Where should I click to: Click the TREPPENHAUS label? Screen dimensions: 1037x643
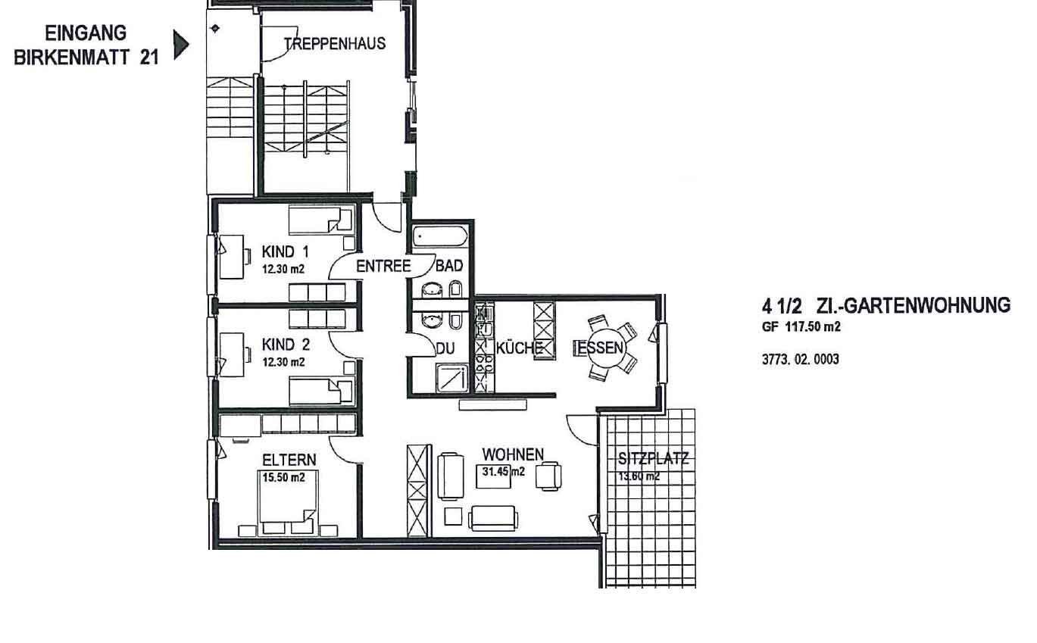[335, 44]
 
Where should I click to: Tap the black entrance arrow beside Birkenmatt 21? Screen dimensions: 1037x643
[181, 45]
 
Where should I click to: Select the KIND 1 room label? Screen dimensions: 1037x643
[285, 252]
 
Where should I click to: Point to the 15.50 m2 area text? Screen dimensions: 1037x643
[284, 477]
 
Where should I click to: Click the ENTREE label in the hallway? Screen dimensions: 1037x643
[383, 266]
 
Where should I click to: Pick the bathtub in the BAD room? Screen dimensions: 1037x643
[440, 236]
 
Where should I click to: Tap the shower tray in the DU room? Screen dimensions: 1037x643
[451, 377]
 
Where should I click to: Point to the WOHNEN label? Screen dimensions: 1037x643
[513, 454]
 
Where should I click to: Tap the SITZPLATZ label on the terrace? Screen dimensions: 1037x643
[653, 459]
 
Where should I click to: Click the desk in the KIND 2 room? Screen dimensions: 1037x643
[232, 354]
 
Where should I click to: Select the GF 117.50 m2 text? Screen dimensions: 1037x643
[801, 327]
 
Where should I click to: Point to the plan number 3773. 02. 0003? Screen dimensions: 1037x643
[801, 359]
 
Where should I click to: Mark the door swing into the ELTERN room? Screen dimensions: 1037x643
[344, 449]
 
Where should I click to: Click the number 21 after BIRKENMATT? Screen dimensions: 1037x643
[149, 58]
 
